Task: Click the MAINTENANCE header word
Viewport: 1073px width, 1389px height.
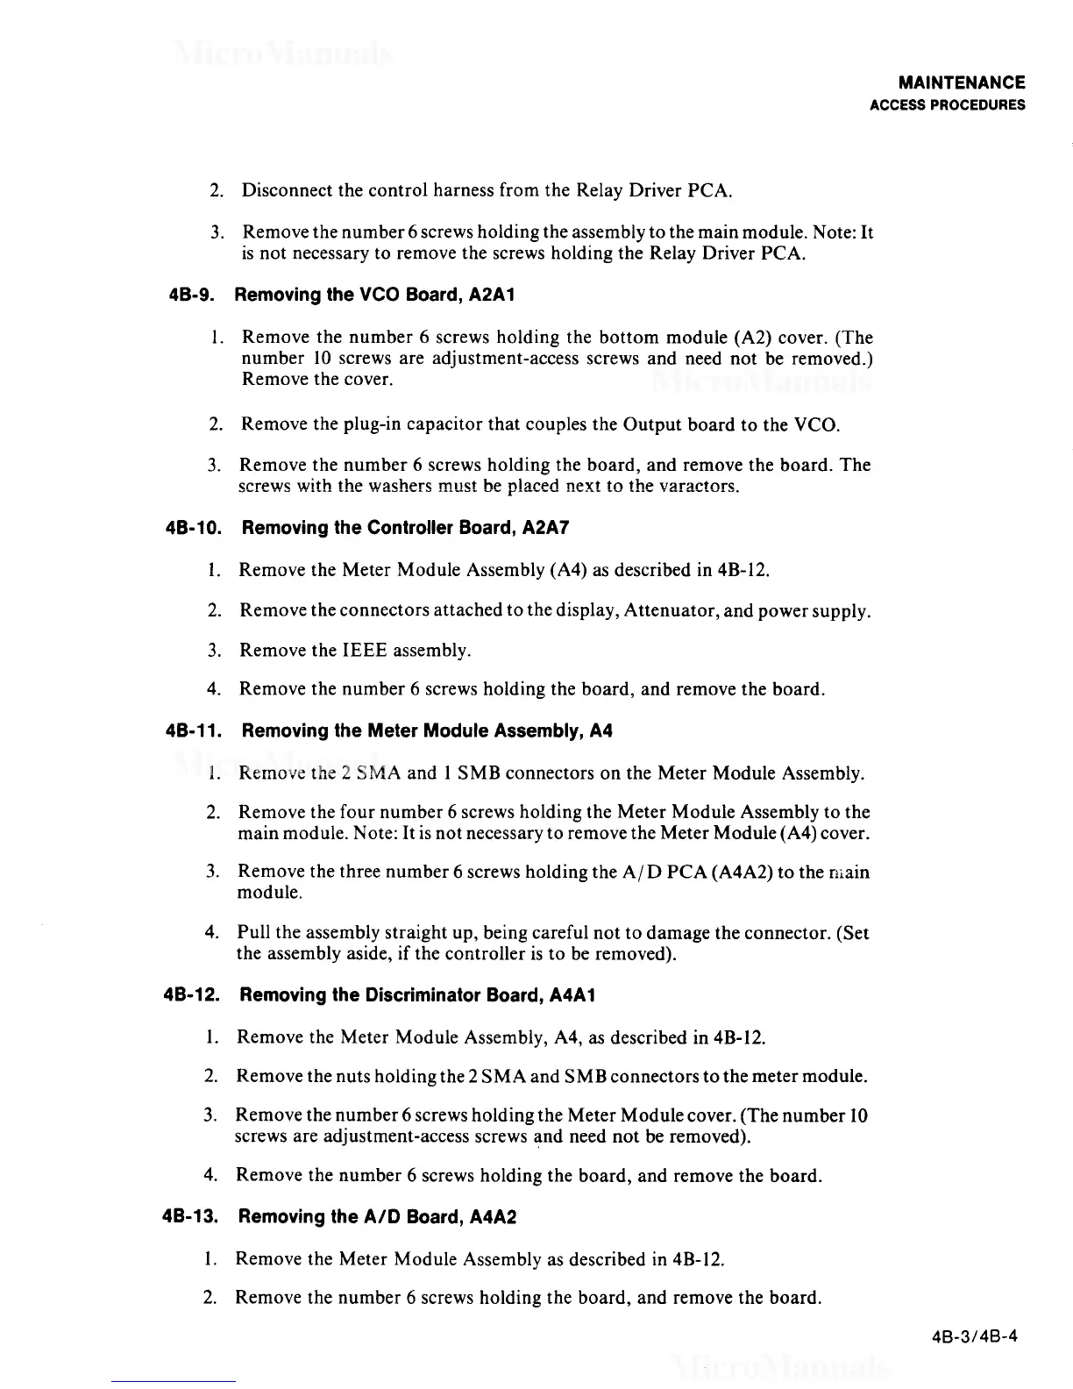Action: coord(962,83)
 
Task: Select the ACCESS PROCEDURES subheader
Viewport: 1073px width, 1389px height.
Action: coord(947,105)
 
